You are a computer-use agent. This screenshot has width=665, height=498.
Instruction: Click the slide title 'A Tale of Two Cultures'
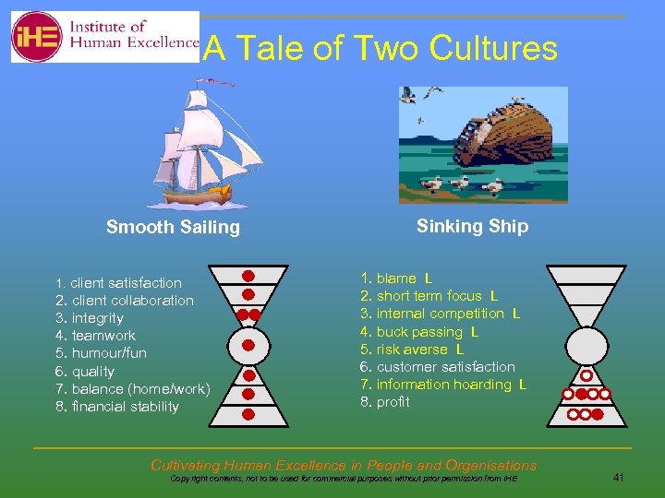point(380,48)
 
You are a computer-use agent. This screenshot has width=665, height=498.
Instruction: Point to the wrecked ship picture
point(483,144)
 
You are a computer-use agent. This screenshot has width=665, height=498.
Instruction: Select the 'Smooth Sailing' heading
point(173,228)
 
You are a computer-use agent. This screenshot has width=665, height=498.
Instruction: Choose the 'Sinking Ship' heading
point(472,227)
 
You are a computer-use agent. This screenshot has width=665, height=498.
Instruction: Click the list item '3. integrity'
point(90,318)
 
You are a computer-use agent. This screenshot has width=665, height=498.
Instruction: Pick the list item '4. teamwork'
point(95,336)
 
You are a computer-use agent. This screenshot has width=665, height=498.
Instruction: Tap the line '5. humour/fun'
point(101,353)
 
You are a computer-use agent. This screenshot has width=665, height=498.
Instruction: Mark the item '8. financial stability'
point(117,407)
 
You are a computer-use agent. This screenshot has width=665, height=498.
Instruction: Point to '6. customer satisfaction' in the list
point(437,367)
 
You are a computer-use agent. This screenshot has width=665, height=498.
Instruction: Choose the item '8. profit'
point(384,402)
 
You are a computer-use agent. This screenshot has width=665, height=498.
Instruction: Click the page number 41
point(618,478)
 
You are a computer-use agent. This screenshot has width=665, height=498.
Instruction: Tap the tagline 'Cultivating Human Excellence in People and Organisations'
point(343,466)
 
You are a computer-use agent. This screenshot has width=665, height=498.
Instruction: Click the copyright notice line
point(344,480)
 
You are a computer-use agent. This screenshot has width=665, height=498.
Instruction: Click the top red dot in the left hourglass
point(248,276)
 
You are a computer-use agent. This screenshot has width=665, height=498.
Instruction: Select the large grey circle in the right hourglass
point(586,346)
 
